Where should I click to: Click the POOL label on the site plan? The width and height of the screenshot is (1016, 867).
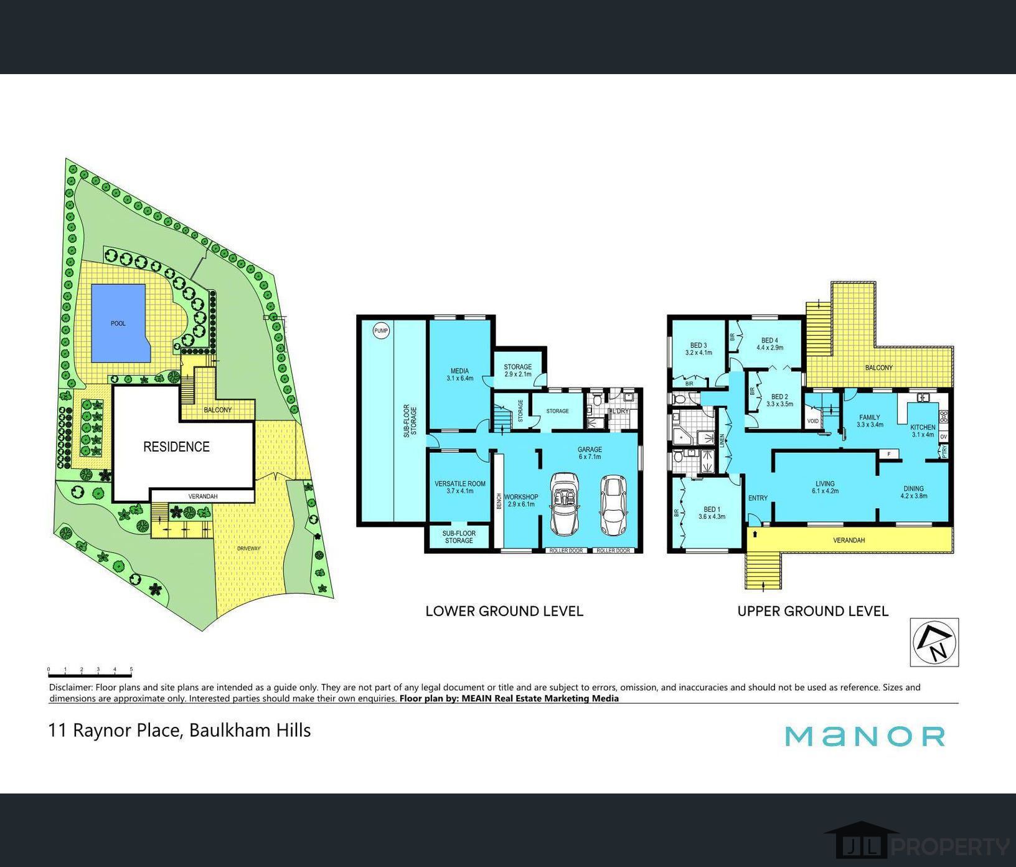point(118,323)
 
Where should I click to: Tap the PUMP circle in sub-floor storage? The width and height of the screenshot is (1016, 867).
point(381,331)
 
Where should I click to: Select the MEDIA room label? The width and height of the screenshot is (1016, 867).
point(459,371)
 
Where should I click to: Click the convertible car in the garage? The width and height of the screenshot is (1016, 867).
point(564,504)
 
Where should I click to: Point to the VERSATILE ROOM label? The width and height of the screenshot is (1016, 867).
point(460,483)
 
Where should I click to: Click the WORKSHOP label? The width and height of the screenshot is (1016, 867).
point(521,497)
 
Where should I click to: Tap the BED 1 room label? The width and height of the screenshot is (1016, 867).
point(710,509)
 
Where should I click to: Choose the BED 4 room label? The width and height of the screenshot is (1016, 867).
point(769,341)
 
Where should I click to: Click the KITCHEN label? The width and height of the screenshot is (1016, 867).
point(923,427)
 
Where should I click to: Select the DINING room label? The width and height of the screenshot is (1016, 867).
point(913,489)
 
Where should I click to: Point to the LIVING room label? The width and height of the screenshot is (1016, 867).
point(825,484)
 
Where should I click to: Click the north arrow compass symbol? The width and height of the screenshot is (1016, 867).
point(934,642)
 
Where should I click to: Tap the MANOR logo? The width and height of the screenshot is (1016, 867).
point(865,736)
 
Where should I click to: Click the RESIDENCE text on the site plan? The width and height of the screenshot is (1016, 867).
point(176,447)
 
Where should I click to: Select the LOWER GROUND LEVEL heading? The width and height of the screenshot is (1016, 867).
point(504,611)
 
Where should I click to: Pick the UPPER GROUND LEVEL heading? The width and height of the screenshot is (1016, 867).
point(812,611)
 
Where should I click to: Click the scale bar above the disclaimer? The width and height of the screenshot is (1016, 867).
point(90,671)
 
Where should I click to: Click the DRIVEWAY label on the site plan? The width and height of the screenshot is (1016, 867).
point(248,549)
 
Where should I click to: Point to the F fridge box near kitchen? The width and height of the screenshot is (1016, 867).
point(889,454)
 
